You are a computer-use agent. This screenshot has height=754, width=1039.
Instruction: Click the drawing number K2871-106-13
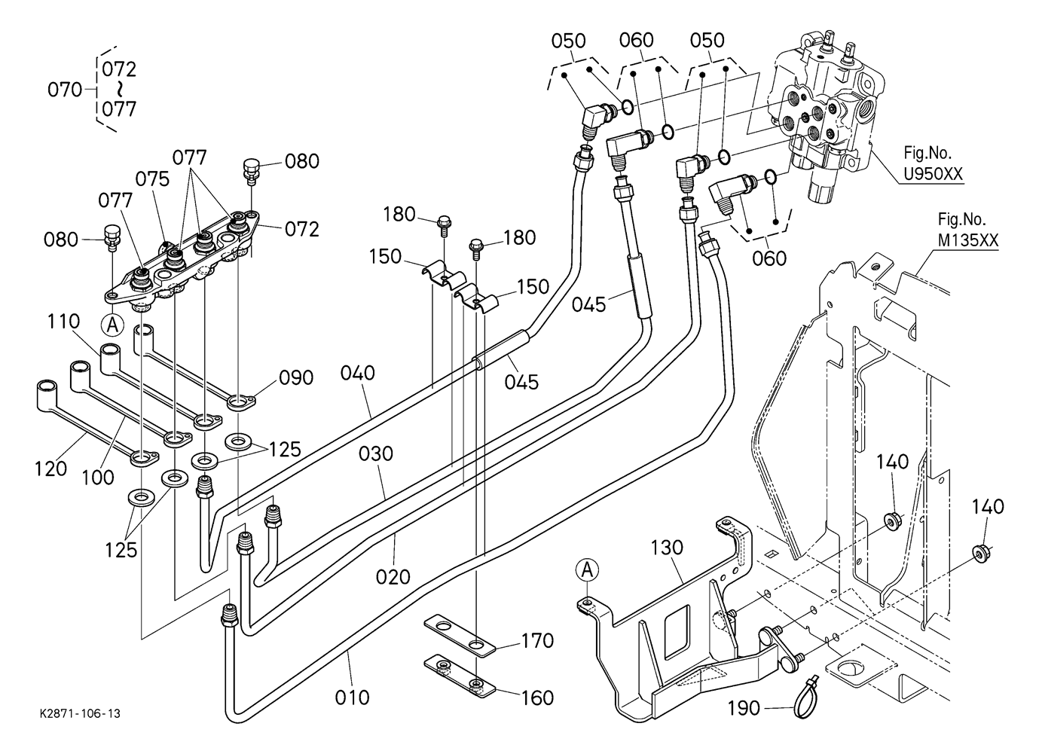[80, 713]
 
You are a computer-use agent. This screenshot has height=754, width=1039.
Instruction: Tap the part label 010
[352, 698]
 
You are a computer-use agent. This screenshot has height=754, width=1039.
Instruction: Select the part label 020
[393, 577]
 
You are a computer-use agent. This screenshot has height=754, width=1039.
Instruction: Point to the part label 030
[376, 453]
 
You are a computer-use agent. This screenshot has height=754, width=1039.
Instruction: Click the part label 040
[358, 373]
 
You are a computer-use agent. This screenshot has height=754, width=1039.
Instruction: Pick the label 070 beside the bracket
[65, 90]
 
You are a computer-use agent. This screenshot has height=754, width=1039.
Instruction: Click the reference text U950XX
[933, 173]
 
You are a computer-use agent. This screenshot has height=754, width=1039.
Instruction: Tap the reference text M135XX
[967, 240]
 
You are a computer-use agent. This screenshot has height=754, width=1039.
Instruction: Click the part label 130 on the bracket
[667, 548]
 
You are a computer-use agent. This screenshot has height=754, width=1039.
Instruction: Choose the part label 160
[538, 698]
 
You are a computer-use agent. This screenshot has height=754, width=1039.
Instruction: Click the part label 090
[296, 377]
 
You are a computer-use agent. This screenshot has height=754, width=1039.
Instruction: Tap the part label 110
[63, 321]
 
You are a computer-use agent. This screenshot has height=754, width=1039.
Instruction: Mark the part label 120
[50, 469]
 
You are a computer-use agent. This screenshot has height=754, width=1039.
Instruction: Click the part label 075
[153, 179]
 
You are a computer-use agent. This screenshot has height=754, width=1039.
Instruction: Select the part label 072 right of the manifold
[302, 229]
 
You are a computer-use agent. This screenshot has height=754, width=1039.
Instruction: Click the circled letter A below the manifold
[112, 325]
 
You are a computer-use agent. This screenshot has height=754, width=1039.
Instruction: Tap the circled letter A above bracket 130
[587, 569]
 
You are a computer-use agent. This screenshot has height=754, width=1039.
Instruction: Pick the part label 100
[98, 477]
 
